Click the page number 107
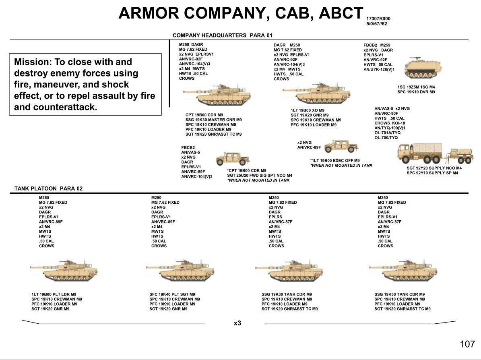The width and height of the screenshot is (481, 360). [467, 344]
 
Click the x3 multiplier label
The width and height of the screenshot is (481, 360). [237, 323]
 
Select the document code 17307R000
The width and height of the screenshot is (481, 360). [378, 19]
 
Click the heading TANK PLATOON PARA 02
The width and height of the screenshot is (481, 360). [48, 188]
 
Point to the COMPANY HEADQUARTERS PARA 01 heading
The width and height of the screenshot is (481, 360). [223, 35]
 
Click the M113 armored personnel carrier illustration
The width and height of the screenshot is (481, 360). [423, 68]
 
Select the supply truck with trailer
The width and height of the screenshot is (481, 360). [435, 154]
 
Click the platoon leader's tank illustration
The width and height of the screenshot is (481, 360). [64, 270]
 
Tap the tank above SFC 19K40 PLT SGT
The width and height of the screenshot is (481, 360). [180, 270]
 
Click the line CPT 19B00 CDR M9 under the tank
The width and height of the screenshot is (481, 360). [204, 115]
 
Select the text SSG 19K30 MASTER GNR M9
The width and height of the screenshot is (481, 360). [213, 120]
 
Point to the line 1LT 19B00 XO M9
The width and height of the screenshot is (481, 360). [308, 110]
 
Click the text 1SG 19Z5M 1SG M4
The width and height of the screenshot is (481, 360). [416, 87]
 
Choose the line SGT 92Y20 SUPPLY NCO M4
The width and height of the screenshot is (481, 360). [434, 168]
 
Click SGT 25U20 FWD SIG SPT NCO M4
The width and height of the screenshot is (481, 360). [260, 176]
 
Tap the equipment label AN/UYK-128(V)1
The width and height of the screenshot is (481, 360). [379, 70]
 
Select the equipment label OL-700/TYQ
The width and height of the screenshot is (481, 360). [386, 138]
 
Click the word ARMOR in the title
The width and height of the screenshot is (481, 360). [149, 13]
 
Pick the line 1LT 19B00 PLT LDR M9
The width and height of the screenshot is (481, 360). [54, 294]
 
